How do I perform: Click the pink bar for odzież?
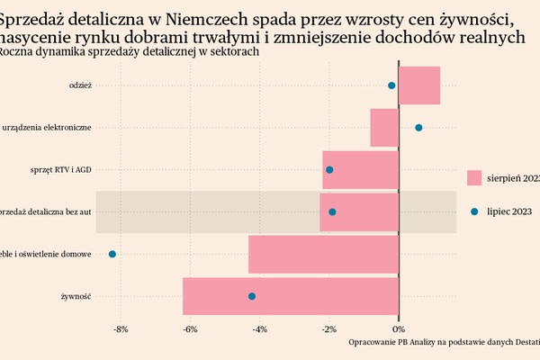pos(419,85)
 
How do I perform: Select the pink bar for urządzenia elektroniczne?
pos(384,128)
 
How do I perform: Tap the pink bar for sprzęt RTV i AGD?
pos(360,170)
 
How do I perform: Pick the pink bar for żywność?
pos(290,296)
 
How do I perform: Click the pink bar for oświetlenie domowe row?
pos(323,254)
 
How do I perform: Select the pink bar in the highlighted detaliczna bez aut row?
pos(359,212)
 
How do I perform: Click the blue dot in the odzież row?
pos(391,85)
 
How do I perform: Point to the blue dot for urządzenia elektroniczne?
pos(418,128)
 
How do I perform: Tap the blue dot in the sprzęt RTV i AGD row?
pos(329,170)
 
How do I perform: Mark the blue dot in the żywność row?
pos(252,296)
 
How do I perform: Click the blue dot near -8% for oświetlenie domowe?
pos(112,254)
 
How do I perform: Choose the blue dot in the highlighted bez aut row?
pos(332,212)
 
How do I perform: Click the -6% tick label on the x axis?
pos(190,329)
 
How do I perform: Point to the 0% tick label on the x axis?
pos(399,329)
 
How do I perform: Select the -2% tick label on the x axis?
pos(329,329)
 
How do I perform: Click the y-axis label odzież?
pos(80,85)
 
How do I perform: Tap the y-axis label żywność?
pos(76,296)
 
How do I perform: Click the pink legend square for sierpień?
pos(474,178)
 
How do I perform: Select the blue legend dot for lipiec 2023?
pos(474,211)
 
